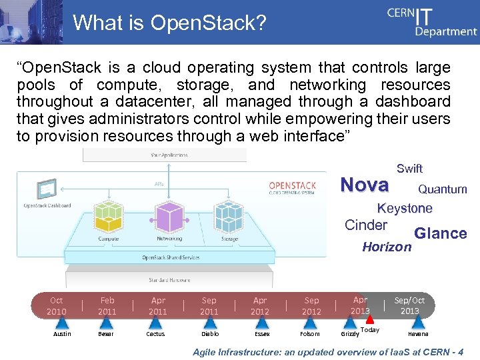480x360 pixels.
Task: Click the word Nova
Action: tap(365, 185)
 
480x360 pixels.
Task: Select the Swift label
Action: tap(409, 169)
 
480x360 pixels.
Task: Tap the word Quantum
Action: tap(442, 189)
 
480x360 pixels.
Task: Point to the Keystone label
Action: tap(405, 208)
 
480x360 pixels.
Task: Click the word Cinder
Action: tap(365, 225)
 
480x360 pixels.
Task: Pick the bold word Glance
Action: tap(440, 233)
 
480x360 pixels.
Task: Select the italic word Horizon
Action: tap(387, 247)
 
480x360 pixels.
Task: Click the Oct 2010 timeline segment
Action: tap(56, 306)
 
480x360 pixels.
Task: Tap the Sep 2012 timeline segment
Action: tap(311, 306)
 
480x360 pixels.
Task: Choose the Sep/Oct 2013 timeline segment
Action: tap(409, 306)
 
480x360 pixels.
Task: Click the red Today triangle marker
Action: tap(369, 319)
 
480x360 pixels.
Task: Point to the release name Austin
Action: tap(62, 334)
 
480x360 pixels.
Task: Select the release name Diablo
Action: tap(209, 334)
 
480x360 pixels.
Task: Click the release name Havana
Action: tap(418, 334)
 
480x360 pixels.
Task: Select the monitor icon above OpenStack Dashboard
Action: tap(47, 190)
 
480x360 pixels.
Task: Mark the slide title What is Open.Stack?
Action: tap(169, 23)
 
